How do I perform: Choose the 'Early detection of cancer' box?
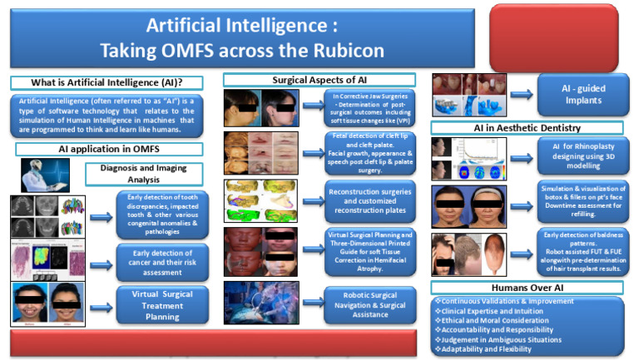pyautogui.click(x=162, y=260)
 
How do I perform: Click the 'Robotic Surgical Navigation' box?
pyautogui.click(x=369, y=303)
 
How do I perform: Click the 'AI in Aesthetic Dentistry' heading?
pyautogui.click(x=527, y=128)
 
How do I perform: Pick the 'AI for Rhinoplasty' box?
pyautogui.click(x=580, y=155)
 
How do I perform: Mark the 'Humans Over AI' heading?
pyautogui.click(x=527, y=287)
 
